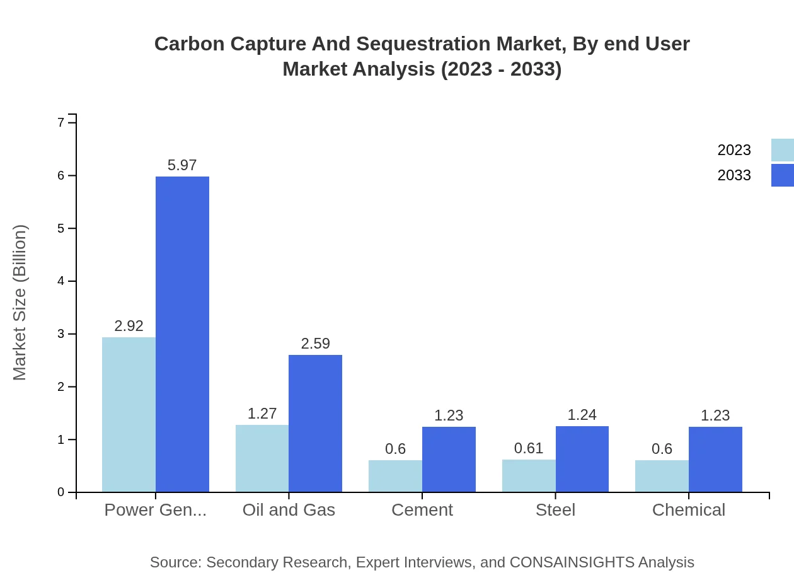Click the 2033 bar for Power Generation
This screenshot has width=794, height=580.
click(182, 334)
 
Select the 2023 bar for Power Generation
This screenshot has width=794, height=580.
click(129, 414)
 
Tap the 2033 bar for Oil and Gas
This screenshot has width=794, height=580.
click(315, 423)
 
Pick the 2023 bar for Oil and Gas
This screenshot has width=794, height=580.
click(262, 458)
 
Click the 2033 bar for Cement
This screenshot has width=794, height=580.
click(449, 459)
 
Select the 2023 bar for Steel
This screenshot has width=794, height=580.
click(529, 475)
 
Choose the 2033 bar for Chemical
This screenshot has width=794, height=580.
click(715, 459)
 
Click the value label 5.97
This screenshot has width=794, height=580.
click(182, 165)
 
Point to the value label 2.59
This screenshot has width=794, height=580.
click(315, 344)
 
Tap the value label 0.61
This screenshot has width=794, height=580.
click(529, 448)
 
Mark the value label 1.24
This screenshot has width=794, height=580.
click(582, 415)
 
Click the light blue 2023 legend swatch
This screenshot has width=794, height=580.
click(782, 150)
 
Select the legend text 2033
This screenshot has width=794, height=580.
click(734, 175)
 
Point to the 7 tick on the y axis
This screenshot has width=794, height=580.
click(61, 122)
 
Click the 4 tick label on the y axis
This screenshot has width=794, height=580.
click(61, 281)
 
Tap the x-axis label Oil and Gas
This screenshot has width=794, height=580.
click(289, 510)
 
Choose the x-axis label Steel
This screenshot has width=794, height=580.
click(555, 510)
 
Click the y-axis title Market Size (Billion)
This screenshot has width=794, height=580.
click(20, 303)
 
